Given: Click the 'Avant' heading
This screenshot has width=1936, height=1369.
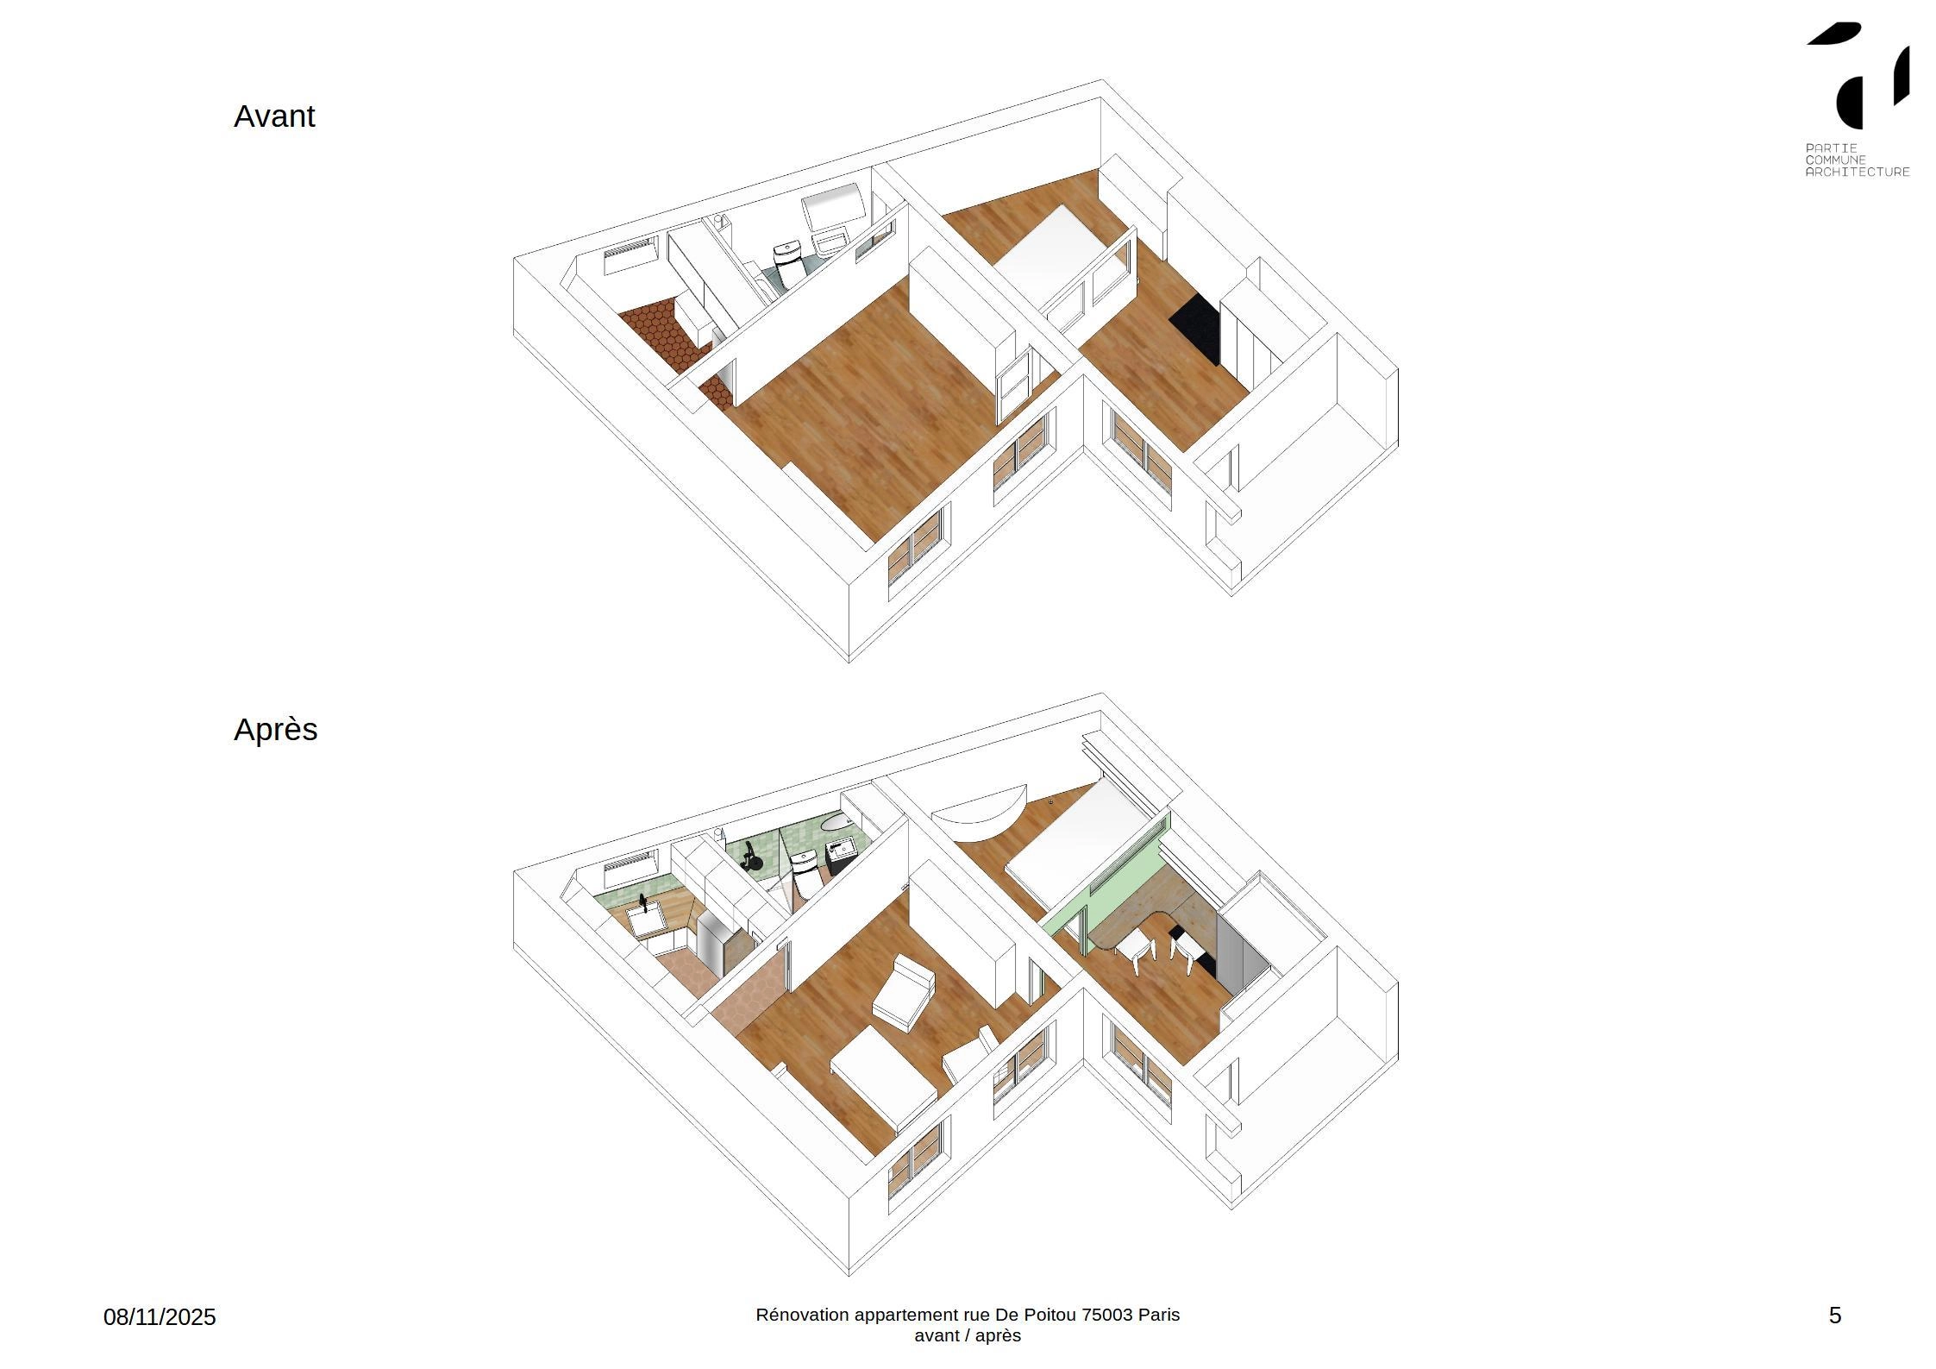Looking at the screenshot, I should coord(274,116).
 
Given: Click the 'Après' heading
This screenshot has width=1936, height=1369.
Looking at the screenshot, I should coord(275,730).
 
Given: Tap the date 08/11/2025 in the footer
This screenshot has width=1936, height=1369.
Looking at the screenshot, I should coord(160,1317).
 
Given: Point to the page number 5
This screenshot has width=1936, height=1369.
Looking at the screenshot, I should coord(1835,1316).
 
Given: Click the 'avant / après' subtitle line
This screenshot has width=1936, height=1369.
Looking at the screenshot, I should coord(968,1335).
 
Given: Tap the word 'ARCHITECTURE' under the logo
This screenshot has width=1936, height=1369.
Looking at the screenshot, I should coord(1858,172).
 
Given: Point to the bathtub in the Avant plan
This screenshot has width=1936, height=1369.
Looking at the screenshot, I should coord(835,205).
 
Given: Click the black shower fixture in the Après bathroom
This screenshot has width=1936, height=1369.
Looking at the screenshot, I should coord(751,857).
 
